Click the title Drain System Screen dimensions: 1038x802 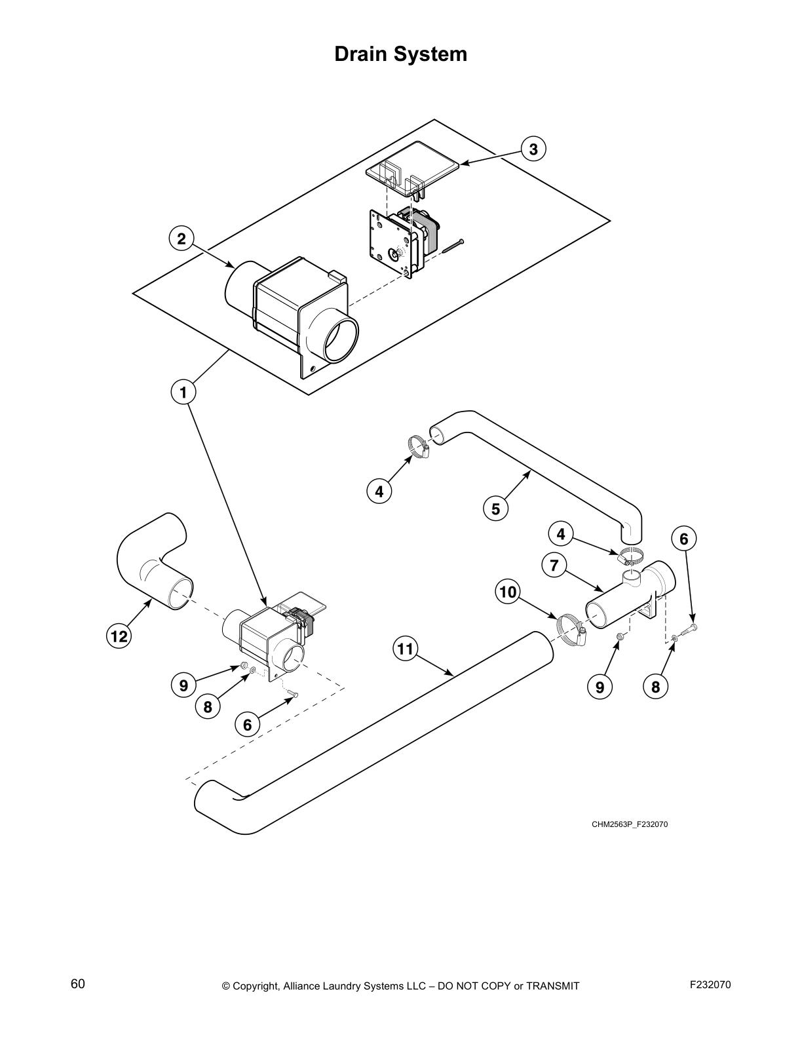pos(400,54)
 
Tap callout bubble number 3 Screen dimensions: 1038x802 pos(533,149)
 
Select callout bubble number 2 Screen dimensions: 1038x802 pos(181,239)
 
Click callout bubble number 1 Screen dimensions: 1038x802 pos(183,393)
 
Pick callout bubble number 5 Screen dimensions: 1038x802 pos(495,509)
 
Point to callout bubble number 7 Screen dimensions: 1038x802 pos(554,564)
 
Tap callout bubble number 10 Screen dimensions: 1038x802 pos(507,592)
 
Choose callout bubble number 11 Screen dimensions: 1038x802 pos(406,649)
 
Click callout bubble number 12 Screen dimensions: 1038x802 pos(119,635)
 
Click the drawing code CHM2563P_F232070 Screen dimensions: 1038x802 pos(629,824)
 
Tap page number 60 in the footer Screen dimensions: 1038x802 pos(78,984)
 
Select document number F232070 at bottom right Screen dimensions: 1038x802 pos(710,984)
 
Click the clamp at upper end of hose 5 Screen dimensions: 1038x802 pos(417,446)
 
